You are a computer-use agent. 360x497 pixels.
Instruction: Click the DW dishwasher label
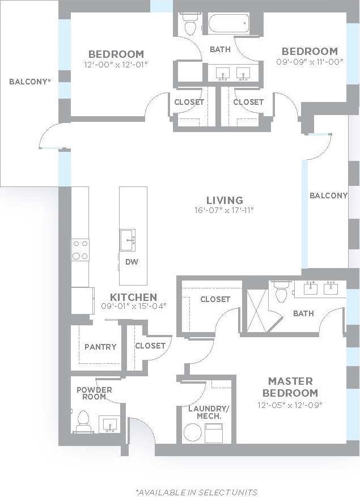pyautogui.click(x=133, y=262)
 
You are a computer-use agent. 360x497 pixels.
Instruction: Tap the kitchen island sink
pyautogui.click(x=129, y=239)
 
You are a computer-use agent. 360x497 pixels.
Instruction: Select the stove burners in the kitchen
pyautogui.click(x=80, y=249)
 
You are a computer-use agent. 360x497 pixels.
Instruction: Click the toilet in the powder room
pyautogui.click(x=83, y=420)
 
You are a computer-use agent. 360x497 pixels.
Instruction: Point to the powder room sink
pyautogui.click(x=109, y=424)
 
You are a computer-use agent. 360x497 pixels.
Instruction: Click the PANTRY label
pyautogui.click(x=100, y=347)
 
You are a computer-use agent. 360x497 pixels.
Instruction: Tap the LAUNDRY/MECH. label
pyautogui.click(x=205, y=411)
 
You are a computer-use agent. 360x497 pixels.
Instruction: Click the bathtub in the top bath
pyautogui.click(x=228, y=24)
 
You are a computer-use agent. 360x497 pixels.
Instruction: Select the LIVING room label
pyautogui.click(x=225, y=200)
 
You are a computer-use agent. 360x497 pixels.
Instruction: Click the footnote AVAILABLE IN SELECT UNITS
pyautogui.click(x=196, y=492)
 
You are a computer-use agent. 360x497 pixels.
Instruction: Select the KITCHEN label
pyautogui.click(x=133, y=297)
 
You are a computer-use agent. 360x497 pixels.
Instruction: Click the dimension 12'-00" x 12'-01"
pyautogui.click(x=116, y=65)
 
